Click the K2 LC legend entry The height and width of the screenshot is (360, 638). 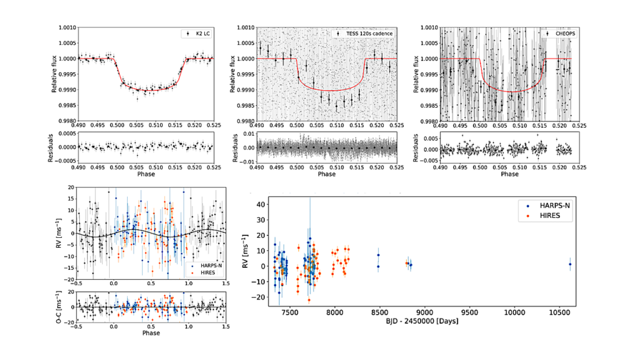pyautogui.click(x=201, y=34)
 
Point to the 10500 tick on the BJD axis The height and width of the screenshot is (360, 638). pyautogui.click(x=560, y=313)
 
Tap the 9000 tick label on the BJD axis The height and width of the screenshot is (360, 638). pyautogui.click(x=425, y=313)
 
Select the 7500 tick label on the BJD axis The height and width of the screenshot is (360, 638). pyautogui.click(x=290, y=313)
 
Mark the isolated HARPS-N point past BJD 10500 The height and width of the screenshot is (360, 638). pyautogui.click(x=569, y=264)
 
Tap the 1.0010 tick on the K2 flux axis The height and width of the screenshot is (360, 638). pyautogui.click(x=65, y=27)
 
